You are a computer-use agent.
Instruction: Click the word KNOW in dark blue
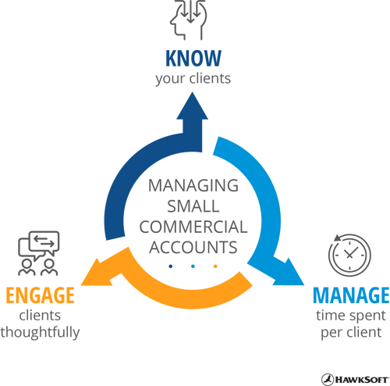(x=193, y=58)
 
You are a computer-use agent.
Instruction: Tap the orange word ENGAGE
(x=40, y=295)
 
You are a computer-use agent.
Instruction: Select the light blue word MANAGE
(x=351, y=295)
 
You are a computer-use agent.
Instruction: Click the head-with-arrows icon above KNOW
(x=189, y=20)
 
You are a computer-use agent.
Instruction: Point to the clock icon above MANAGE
(x=349, y=255)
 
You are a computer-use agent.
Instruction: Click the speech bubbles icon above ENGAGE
(x=38, y=253)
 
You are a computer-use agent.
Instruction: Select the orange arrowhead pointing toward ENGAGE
(x=96, y=273)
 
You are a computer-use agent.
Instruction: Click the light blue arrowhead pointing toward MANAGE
(x=290, y=273)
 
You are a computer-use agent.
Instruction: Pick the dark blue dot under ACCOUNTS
(x=171, y=266)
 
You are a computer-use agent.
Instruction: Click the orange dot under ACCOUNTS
(x=215, y=266)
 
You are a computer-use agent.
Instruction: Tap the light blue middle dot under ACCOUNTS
(x=193, y=266)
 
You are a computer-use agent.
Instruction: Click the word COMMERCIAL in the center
(x=193, y=227)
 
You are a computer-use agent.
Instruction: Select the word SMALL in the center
(x=193, y=206)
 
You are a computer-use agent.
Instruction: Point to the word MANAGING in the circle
(x=193, y=185)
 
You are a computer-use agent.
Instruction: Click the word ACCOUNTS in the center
(x=193, y=247)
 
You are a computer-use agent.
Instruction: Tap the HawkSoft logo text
(x=362, y=380)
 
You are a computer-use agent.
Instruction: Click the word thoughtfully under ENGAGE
(x=40, y=333)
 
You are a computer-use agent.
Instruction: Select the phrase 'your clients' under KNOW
(x=193, y=79)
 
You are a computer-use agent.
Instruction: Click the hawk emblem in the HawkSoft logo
(x=328, y=380)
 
